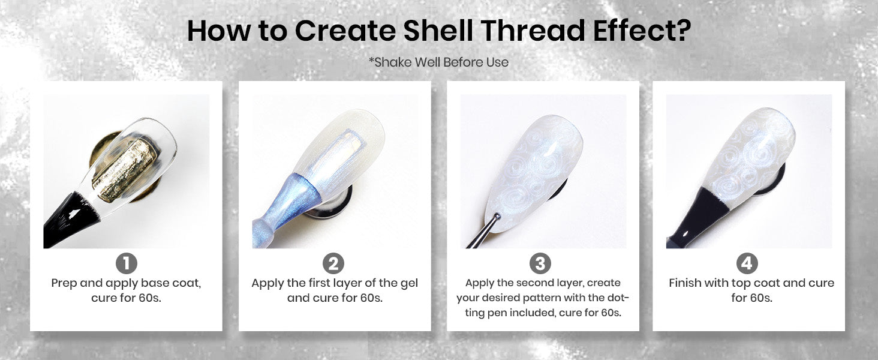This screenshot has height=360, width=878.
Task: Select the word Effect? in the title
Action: click(x=642, y=31)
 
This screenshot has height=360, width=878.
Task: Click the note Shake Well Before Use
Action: click(x=438, y=62)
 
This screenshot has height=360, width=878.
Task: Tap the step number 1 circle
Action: click(x=126, y=263)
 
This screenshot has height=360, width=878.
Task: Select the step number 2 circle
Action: click(x=333, y=263)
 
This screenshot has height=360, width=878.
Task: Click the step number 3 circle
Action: click(x=540, y=263)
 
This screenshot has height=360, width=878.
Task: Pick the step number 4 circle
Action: click(x=747, y=263)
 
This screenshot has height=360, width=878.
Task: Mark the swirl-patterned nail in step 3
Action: click(x=534, y=173)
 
